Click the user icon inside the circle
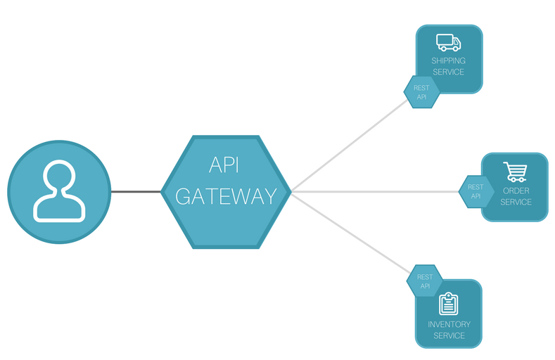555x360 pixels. pyautogui.click(x=60, y=192)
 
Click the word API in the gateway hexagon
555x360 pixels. pyautogui.click(x=225, y=166)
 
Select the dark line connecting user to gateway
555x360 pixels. pyautogui.click(x=136, y=192)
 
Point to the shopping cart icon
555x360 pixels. pyautogui.click(x=515, y=171)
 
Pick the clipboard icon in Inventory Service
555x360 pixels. pyautogui.click(x=448, y=304)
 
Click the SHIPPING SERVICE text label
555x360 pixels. pyautogui.click(x=448, y=66)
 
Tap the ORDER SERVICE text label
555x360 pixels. pyautogui.click(x=516, y=196)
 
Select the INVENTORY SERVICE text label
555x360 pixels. pyautogui.click(x=449, y=330)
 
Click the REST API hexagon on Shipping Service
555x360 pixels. pyautogui.click(x=421, y=92)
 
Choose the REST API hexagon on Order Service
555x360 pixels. pyautogui.click(x=476, y=191)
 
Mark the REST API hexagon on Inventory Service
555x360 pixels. pyautogui.click(x=425, y=281)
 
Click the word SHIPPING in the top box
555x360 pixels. pyautogui.click(x=448, y=61)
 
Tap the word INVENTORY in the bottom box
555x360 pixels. pyautogui.click(x=449, y=324)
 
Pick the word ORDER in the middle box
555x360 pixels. pyautogui.click(x=516, y=191)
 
